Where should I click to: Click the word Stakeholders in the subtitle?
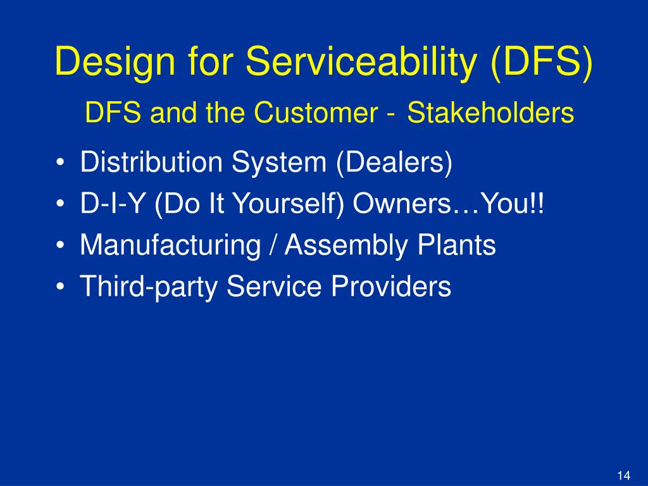click(x=490, y=114)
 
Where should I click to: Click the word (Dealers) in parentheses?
click(x=394, y=163)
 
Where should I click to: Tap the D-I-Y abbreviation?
click(x=109, y=204)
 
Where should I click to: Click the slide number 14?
click(x=623, y=475)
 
